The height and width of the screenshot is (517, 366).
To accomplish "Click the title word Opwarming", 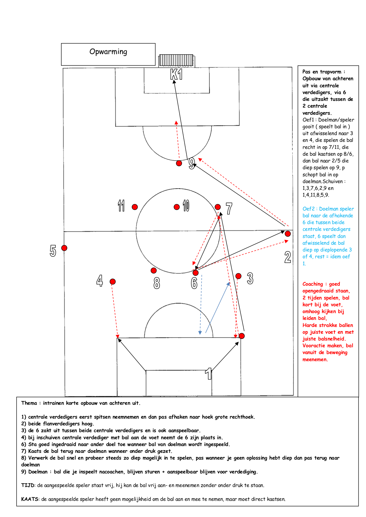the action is tap(108, 52).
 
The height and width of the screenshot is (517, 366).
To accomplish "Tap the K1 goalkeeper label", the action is tap(176, 74).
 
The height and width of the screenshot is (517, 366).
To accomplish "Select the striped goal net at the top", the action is tap(176, 60).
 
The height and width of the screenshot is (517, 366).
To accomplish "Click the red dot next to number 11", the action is tap(135, 207).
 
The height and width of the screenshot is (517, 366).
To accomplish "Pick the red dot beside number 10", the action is tap(177, 207).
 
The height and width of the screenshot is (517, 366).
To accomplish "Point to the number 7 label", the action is tap(229, 208).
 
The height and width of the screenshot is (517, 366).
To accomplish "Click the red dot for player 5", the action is tap(64, 248).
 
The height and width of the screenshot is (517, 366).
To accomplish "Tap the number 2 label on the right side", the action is tap(288, 257).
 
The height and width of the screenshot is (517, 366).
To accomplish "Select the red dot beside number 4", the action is tap(113, 281).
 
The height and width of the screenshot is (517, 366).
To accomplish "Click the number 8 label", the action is tap(157, 283).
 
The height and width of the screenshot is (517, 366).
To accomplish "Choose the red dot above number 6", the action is tap(196, 273).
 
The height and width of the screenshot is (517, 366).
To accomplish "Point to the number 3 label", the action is tap(250, 278).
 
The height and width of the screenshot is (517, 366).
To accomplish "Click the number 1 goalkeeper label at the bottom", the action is tap(209, 374).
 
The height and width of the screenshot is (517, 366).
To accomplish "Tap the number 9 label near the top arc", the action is tap(192, 164).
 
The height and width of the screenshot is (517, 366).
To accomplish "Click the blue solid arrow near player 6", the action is tap(217, 307).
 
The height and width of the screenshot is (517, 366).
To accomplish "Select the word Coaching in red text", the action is tap(313, 284).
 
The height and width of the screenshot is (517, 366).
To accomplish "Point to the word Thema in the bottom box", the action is tap(29, 403).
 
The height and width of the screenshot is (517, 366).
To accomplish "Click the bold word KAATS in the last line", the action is tap(30, 499).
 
